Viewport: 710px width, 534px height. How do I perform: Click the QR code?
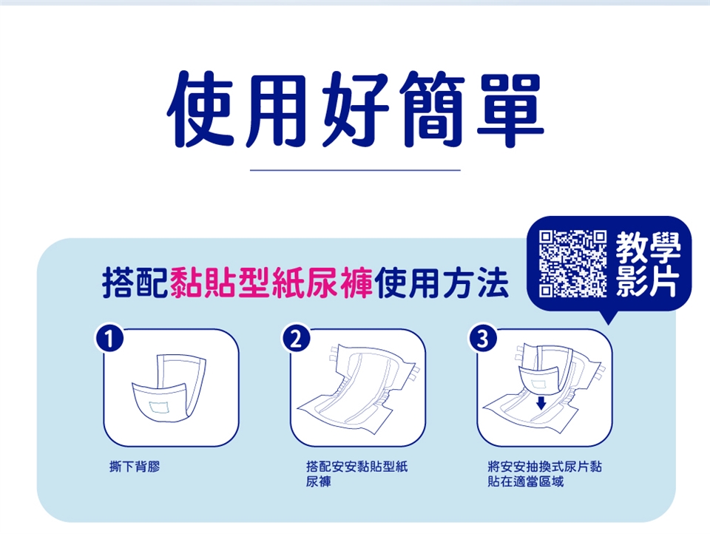pyautogui.click(x=572, y=263)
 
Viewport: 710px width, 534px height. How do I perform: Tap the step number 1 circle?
pyautogui.click(x=109, y=339)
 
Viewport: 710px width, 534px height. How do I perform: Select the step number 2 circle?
pyautogui.click(x=296, y=339)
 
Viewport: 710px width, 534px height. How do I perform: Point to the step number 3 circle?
pyautogui.click(x=483, y=339)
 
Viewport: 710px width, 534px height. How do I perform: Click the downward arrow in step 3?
pyautogui.click(x=541, y=402)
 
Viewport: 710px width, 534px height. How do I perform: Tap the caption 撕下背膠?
pyautogui.click(x=135, y=466)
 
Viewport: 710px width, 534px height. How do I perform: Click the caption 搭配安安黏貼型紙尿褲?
pyautogui.click(x=356, y=474)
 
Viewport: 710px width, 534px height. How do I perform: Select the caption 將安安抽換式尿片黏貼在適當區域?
pyautogui.click(x=545, y=474)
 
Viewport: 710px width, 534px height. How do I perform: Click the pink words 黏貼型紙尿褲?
pyautogui.click(x=271, y=283)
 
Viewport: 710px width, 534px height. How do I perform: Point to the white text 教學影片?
pyautogui.click(x=648, y=263)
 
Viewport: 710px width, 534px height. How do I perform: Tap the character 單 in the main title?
pyautogui.click(x=510, y=110)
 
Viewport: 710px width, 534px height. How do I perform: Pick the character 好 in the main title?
pyautogui.click(x=356, y=110)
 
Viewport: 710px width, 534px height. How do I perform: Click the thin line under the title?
pyautogui.click(x=355, y=170)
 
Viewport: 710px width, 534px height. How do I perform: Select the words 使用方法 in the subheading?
pyautogui.click(x=442, y=283)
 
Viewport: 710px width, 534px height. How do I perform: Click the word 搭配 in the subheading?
pyautogui.click(x=135, y=283)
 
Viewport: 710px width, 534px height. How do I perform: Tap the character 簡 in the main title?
pyautogui.click(x=433, y=110)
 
